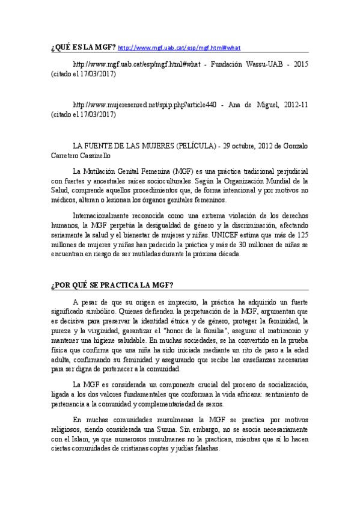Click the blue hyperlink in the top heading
(x=178, y=47)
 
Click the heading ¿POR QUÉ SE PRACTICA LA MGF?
(x=112, y=285)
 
